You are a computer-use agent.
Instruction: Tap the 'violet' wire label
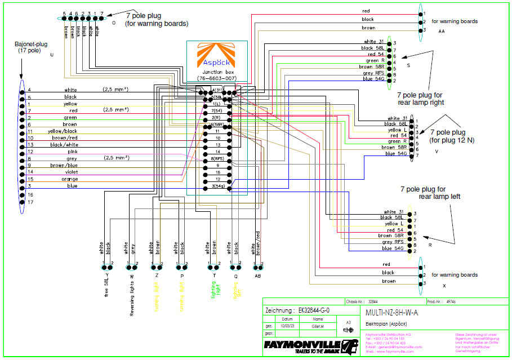coord(71,172)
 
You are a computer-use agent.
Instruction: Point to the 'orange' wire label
coord(72,179)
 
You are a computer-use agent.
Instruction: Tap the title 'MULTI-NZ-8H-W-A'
coord(392,313)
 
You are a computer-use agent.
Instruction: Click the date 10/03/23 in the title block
coord(287,326)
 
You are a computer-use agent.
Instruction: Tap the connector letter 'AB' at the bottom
coord(258,276)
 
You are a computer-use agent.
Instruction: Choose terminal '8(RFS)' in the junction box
coord(217,158)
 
